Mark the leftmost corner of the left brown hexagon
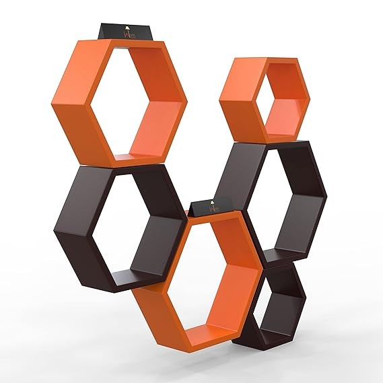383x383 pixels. [52, 232]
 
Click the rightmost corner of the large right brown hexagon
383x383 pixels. [327, 199]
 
